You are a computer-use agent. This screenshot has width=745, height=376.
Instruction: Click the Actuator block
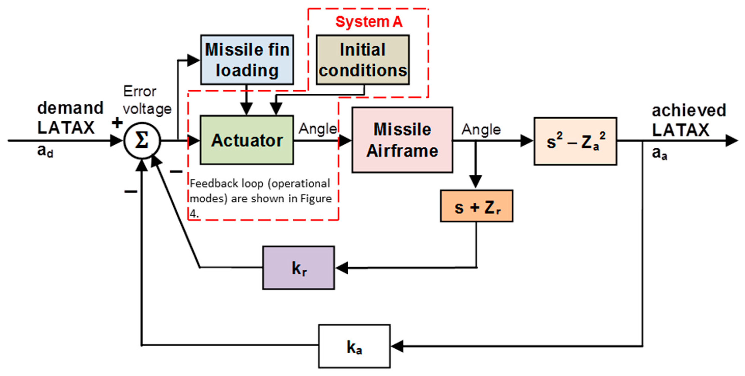click(x=247, y=140)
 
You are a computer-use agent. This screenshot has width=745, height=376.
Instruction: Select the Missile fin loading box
click(x=247, y=60)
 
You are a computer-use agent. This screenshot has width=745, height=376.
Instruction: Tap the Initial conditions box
click(x=363, y=60)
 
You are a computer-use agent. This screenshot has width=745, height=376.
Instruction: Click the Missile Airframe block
click(x=402, y=140)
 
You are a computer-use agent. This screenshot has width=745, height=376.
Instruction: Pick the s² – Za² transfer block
click(x=575, y=141)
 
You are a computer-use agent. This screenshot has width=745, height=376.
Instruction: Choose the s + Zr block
click(x=476, y=206)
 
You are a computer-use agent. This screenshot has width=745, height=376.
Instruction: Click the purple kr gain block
click(x=298, y=268)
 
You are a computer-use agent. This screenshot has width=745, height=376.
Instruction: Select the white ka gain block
click(x=354, y=346)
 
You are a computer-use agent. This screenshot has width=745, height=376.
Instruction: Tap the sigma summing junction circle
click(x=142, y=141)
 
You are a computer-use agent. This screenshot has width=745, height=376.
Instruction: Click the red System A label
click(x=369, y=22)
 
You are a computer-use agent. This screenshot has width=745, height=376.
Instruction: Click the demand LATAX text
click(x=70, y=118)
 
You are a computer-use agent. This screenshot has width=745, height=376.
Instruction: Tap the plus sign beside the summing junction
click(x=117, y=123)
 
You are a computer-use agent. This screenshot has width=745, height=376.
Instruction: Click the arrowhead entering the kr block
click(x=341, y=268)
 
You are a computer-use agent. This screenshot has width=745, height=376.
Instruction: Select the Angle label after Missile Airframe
click(x=481, y=129)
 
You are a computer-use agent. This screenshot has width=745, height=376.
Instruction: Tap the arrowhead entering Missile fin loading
click(x=193, y=60)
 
